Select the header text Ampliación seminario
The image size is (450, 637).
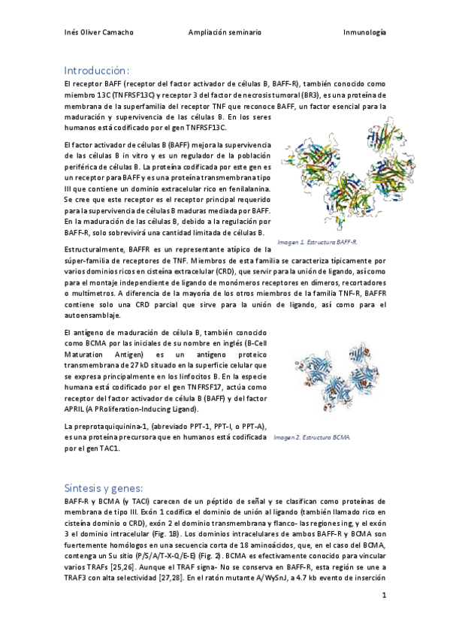click(225, 33)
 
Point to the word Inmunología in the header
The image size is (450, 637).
click(364, 33)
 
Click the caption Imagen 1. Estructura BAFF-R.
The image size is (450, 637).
click(317, 243)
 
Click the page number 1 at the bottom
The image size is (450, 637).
click(384, 596)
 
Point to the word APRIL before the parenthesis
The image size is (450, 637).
click(76, 409)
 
